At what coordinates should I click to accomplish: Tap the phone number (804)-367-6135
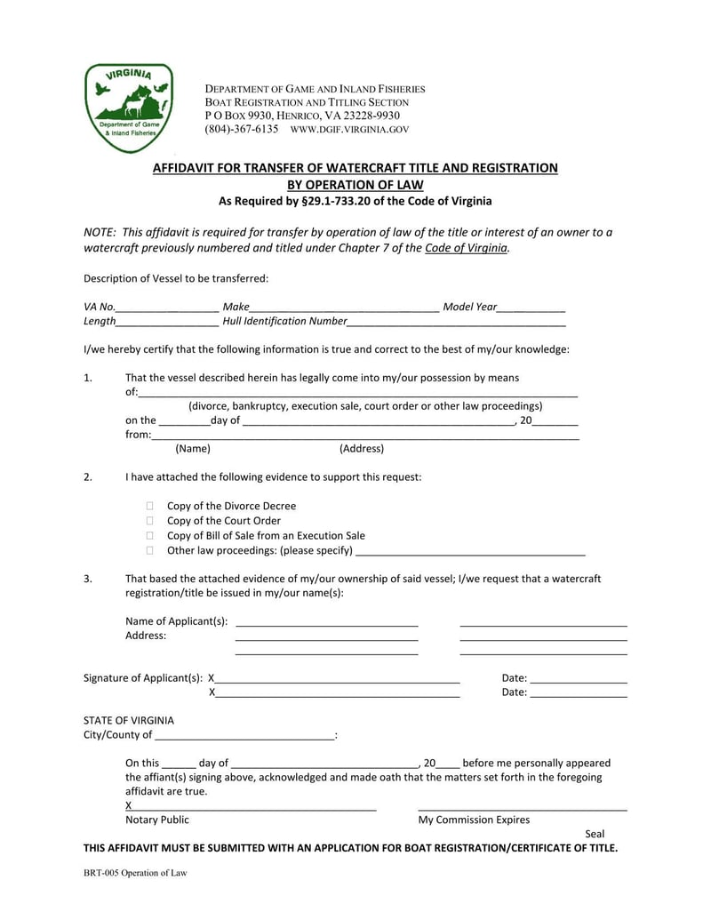[x=242, y=129]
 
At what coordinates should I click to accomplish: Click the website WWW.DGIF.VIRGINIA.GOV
[x=350, y=130]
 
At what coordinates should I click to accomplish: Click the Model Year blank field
[x=531, y=308]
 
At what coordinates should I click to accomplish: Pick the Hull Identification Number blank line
[x=456, y=322]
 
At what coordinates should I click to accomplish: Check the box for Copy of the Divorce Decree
[x=150, y=506]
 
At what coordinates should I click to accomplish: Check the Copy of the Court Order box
[x=150, y=521]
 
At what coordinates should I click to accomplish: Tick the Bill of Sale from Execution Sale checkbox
[x=150, y=536]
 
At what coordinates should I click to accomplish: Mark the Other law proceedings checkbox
[x=150, y=551]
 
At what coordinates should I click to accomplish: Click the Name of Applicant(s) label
[x=176, y=620]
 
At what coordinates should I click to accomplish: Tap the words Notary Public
[x=157, y=820]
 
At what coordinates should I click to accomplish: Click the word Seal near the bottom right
[x=595, y=834]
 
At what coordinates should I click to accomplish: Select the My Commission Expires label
[x=474, y=820]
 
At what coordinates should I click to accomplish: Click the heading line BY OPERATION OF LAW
[x=355, y=185]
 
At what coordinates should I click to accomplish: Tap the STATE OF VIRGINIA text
[x=129, y=720]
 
